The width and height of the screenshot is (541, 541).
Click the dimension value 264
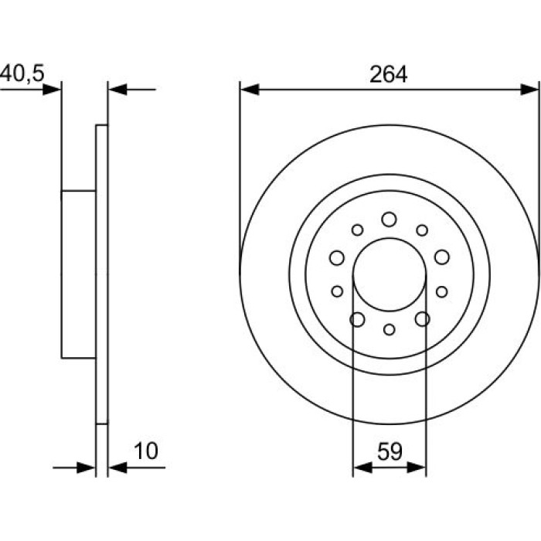point(388,74)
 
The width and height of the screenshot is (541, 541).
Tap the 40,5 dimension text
point(22,73)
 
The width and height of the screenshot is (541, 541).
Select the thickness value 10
point(146,451)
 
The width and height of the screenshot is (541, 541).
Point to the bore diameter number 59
point(390,451)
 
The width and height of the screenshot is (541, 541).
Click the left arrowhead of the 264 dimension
point(250,90)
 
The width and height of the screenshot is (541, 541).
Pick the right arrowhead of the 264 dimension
point(529,90)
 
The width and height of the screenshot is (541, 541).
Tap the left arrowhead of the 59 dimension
point(363,468)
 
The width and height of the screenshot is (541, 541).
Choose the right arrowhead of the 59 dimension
point(417,468)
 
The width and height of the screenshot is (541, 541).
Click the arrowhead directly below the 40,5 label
point(52,90)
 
